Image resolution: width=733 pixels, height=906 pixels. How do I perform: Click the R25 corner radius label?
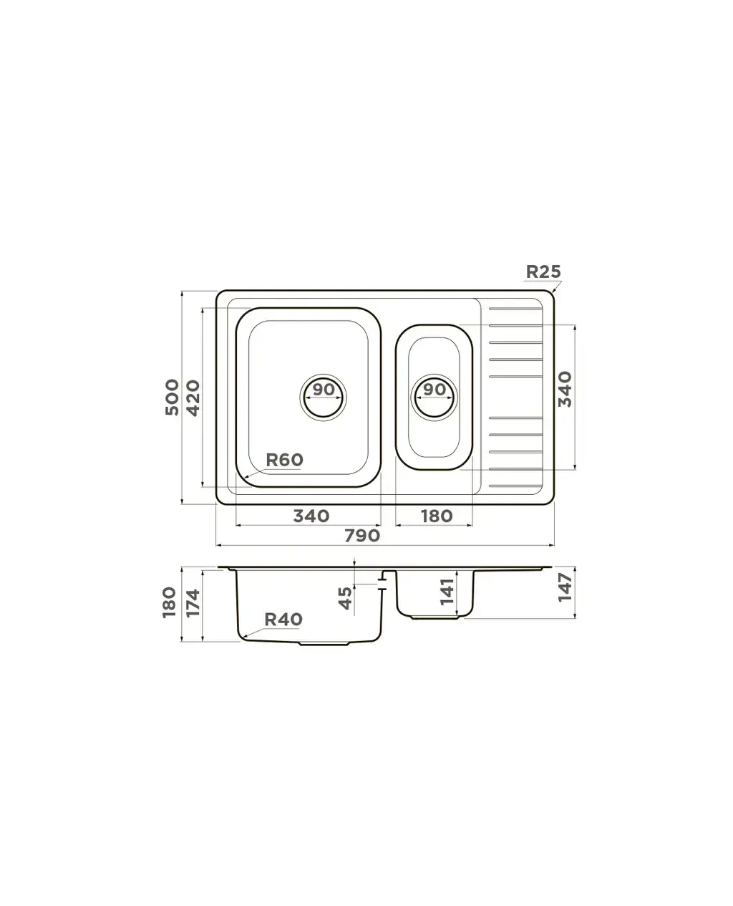[543, 271]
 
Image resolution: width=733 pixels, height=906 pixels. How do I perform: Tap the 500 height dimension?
[173, 397]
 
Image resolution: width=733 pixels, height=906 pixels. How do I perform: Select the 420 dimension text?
[193, 397]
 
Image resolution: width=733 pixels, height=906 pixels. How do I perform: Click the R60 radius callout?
[284, 459]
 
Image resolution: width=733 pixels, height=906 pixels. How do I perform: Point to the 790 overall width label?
[361, 536]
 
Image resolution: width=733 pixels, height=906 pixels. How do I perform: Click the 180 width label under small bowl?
[437, 516]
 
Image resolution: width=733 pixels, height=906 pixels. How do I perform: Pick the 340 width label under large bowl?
[311, 516]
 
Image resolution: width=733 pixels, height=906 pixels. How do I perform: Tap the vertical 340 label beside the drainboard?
[565, 389]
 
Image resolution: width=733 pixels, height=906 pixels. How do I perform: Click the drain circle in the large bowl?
[323, 397]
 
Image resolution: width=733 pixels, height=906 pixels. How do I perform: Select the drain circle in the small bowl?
[434, 397]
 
